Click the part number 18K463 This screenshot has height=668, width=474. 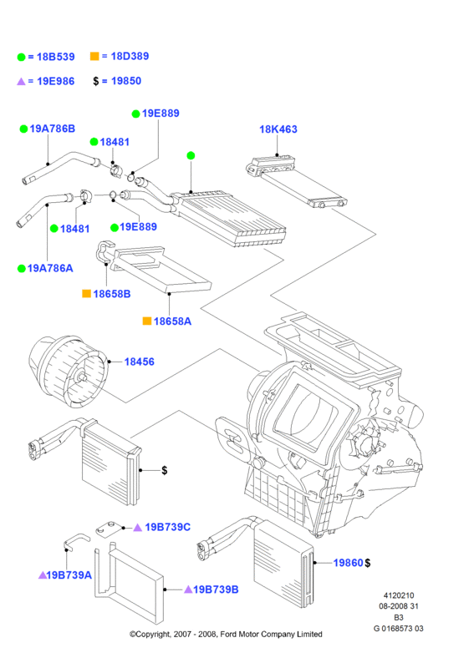pyautogui.click(x=278, y=129)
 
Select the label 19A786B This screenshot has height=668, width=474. pyautogui.click(x=53, y=129)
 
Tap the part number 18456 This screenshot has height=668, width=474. pyautogui.click(x=139, y=362)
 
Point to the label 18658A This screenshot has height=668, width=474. pyautogui.click(x=172, y=321)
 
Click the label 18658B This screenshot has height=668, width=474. pyautogui.click(x=112, y=294)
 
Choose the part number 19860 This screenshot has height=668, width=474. pyautogui.click(x=348, y=563)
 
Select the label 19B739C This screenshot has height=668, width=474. pyautogui.click(x=168, y=527)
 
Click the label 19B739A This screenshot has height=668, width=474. pyautogui.click(x=69, y=575)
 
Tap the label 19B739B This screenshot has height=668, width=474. pyautogui.click(x=216, y=590)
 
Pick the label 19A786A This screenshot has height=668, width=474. pyautogui.click(x=50, y=268)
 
